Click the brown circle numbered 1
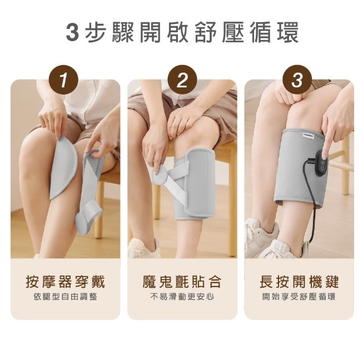tap(64, 80)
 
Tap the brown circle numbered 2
tap(182, 80)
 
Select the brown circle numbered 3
tap(297, 80)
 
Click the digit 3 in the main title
tap(72, 32)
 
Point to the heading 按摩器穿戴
tap(66, 282)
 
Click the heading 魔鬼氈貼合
tap(182, 282)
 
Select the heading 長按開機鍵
tap(299, 282)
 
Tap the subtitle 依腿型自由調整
tap(65, 297)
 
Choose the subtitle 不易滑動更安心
tap(182, 297)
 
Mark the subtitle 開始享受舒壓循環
tap(299, 297)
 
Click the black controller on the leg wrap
tap(321, 164)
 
